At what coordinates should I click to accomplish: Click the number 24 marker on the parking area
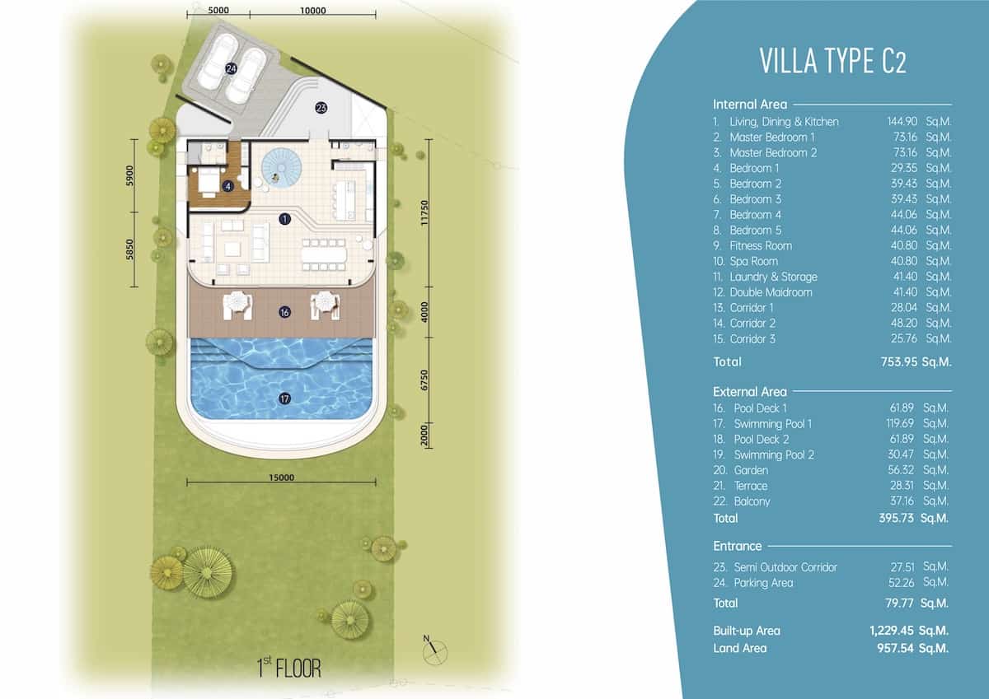pos(231,68)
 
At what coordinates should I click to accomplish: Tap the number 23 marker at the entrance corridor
pos(321,108)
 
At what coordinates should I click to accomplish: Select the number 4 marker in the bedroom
pos(227,186)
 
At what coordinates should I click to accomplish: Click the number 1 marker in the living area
pos(285,219)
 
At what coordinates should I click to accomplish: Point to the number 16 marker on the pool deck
pos(285,312)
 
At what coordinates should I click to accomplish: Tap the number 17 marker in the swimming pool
pos(285,398)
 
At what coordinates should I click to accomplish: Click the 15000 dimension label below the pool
pos(281,478)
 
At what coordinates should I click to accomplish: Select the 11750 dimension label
pos(424,213)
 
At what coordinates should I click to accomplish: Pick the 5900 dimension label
pos(129,175)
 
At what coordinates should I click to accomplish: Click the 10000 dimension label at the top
pos(313,11)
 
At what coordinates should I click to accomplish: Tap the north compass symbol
pos(434,651)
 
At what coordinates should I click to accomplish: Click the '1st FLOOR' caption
pos(289,668)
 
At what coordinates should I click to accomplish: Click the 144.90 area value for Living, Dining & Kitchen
pos(902,121)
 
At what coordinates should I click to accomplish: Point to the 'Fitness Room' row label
pos(761,245)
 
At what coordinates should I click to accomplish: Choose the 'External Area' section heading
pos(750,392)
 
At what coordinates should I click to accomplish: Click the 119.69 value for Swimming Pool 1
pos(899,423)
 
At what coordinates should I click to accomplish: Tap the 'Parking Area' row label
pos(763,583)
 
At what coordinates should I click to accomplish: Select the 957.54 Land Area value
pos(895,648)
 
